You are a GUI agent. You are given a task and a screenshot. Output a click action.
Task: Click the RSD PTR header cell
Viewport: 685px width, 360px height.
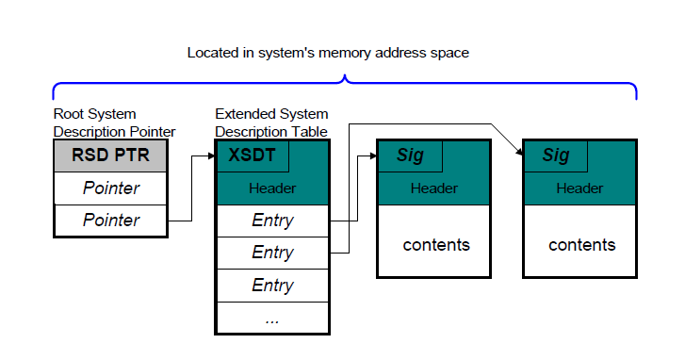pyautogui.click(x=110, y=156)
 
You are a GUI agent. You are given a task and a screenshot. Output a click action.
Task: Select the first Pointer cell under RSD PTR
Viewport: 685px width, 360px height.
pyautogui.click(x=110, y=188)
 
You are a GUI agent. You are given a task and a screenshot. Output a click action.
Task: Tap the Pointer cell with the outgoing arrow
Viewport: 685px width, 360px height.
pyautogui.click(x=110, y=221)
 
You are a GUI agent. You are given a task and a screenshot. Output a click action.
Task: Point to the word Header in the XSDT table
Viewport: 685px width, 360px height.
pyautogui.click(x=272, y=188)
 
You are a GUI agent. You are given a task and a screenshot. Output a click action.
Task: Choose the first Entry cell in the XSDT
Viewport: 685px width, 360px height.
pyautogui.click(x=272, y=221)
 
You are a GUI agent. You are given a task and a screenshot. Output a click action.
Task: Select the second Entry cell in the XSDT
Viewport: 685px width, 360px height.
pyautogui.click(x=272, y=253)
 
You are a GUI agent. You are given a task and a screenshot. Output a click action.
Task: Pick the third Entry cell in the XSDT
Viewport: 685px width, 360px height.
pyautogui.click(x=272, y=285)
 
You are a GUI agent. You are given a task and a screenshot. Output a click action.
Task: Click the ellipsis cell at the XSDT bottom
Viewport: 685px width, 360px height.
pyautogui.click(x=272, y=318)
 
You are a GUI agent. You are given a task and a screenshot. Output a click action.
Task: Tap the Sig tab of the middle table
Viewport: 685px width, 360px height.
pyautogui.click(x=410, y=156)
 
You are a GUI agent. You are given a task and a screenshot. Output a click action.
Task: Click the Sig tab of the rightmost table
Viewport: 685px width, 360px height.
pyautogui.click(x=556, y=156)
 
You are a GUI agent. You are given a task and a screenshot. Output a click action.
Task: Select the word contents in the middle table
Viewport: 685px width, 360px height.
pyautogui.click(x=436, y=245)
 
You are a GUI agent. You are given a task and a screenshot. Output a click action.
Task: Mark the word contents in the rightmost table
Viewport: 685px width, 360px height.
pyautogui.click(x=582, y=245)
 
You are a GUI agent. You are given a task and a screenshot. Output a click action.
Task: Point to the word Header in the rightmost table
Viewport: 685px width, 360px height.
pyautogui.click(x=579, y=188)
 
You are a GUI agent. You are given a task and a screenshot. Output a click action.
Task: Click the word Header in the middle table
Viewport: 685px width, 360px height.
pyautogui.click(x=433, y=188)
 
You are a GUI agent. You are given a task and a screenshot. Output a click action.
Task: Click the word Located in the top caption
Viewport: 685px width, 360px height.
pyautogui.click(x=214, y=53)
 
